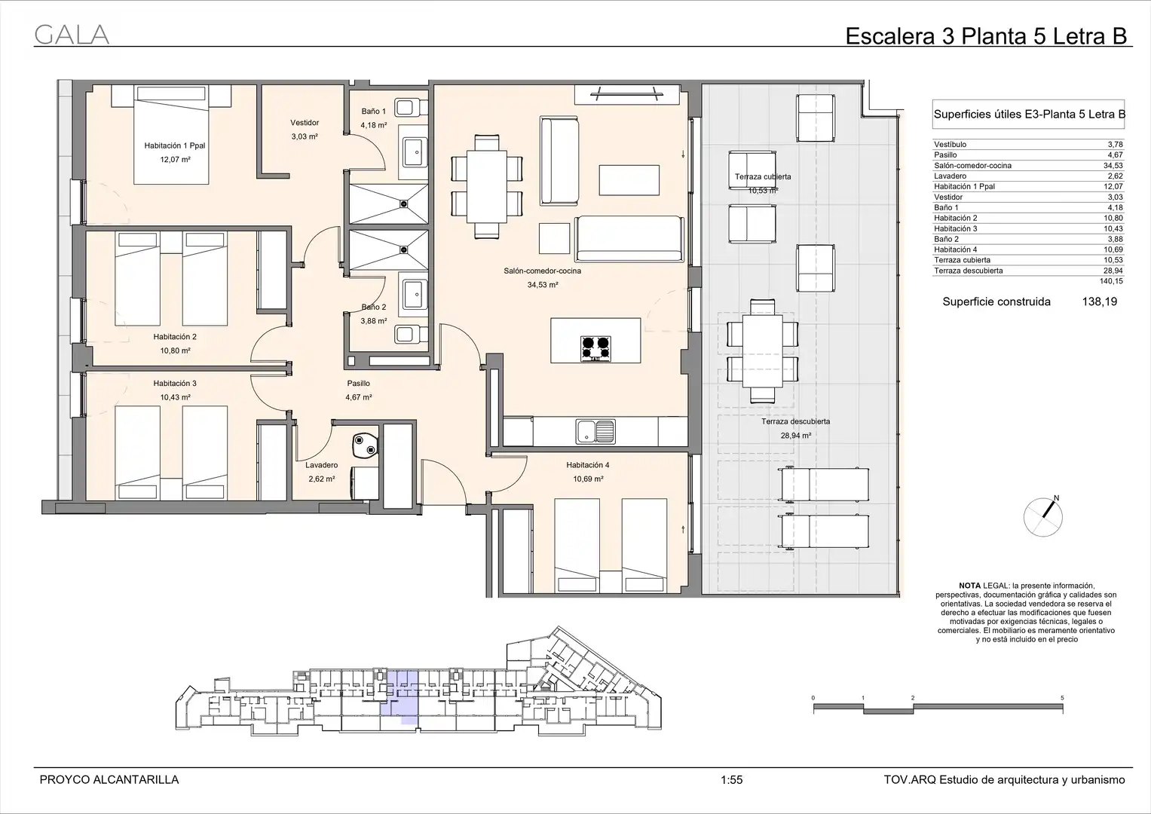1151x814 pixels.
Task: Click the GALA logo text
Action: click(72, 35)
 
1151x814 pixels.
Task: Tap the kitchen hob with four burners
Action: click(595, 348)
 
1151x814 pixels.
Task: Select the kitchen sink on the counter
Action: click(595, 431)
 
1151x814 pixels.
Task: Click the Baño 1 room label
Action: click(374, 111)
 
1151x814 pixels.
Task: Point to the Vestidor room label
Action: click(305, 122)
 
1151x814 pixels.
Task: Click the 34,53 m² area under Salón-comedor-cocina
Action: click(542, 285)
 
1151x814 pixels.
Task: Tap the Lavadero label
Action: click(321, 465)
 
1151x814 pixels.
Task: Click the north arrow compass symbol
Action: click(1043, 516)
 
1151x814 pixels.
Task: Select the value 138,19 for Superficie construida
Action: click(1099, 301)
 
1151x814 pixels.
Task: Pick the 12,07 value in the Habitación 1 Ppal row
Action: click(1115, 187)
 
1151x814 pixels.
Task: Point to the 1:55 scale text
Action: click(732, 780)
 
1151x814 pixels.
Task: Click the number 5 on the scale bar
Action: click(1062, 698)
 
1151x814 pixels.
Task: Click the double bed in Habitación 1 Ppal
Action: click(171, 135)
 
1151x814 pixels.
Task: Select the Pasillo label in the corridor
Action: click(358, 384)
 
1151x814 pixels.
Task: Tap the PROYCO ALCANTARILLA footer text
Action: click(109, 780)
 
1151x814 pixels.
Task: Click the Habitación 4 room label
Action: click(588, 465)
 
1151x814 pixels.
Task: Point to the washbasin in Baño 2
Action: click(414, 295)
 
